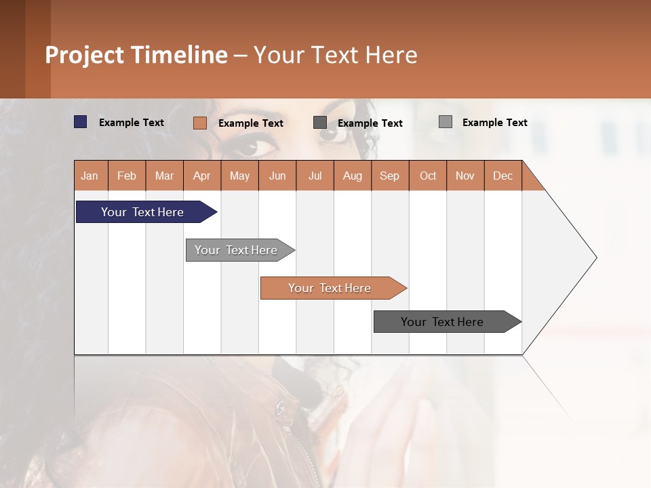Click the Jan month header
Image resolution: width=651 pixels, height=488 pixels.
click(x=90, y=176)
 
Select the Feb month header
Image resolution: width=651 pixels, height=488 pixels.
click(x=127, y=176)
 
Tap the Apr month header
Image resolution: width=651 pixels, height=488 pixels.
click(x=202, y=176)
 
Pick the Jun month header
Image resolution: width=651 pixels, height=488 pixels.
click(x=277, y=176)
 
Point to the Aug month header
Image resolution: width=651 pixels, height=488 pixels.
click(x=352, y=176)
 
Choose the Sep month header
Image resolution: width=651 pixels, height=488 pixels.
click(x=390, y=176)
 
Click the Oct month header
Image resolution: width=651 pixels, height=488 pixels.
click(x=428, y=176)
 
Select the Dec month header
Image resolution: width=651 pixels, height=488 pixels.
click(x=502, y=176)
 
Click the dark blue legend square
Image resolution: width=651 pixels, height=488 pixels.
click(x=80, y=122)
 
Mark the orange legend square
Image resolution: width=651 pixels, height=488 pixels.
click(x=199, y=123)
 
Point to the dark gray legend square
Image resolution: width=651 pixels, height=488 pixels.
click(x=320, y=122)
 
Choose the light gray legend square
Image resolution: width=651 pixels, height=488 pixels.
click(x=445, y=122)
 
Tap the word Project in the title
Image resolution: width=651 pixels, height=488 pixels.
click(x=85, y=55)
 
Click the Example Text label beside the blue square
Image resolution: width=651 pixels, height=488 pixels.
click(x=132, y=123)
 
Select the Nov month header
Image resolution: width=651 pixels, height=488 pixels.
click(x=465, y=176)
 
